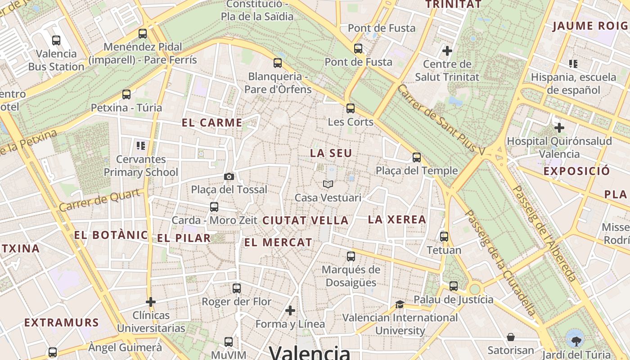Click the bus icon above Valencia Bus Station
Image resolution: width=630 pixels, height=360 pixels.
click(56, 40)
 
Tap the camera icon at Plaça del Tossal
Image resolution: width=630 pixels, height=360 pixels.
click(229, 176)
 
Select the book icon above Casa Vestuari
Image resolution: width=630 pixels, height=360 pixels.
click(328, 184)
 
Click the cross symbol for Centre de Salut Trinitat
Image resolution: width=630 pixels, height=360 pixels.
click(447, 50)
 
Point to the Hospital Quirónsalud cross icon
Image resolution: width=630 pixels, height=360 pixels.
click(559, 128)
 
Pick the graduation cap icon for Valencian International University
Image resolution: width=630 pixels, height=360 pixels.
click(400, 305)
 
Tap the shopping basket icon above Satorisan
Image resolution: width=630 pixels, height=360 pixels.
click(511, 337)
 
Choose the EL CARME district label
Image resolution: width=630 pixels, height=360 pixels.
click(212, 122)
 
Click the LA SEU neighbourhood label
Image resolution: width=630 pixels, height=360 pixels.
click(331, 153)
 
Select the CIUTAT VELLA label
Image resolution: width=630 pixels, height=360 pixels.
click(305, 220)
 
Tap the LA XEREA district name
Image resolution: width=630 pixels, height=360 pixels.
click(397, 220)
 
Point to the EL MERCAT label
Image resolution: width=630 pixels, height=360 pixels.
click(278, 242)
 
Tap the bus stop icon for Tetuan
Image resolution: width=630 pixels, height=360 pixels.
click(444, 237)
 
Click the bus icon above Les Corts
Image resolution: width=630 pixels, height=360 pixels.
click(351, 108)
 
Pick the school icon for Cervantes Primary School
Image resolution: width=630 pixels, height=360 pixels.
click(141, 146)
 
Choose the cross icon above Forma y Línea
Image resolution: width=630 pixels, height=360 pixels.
click(290, 310)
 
